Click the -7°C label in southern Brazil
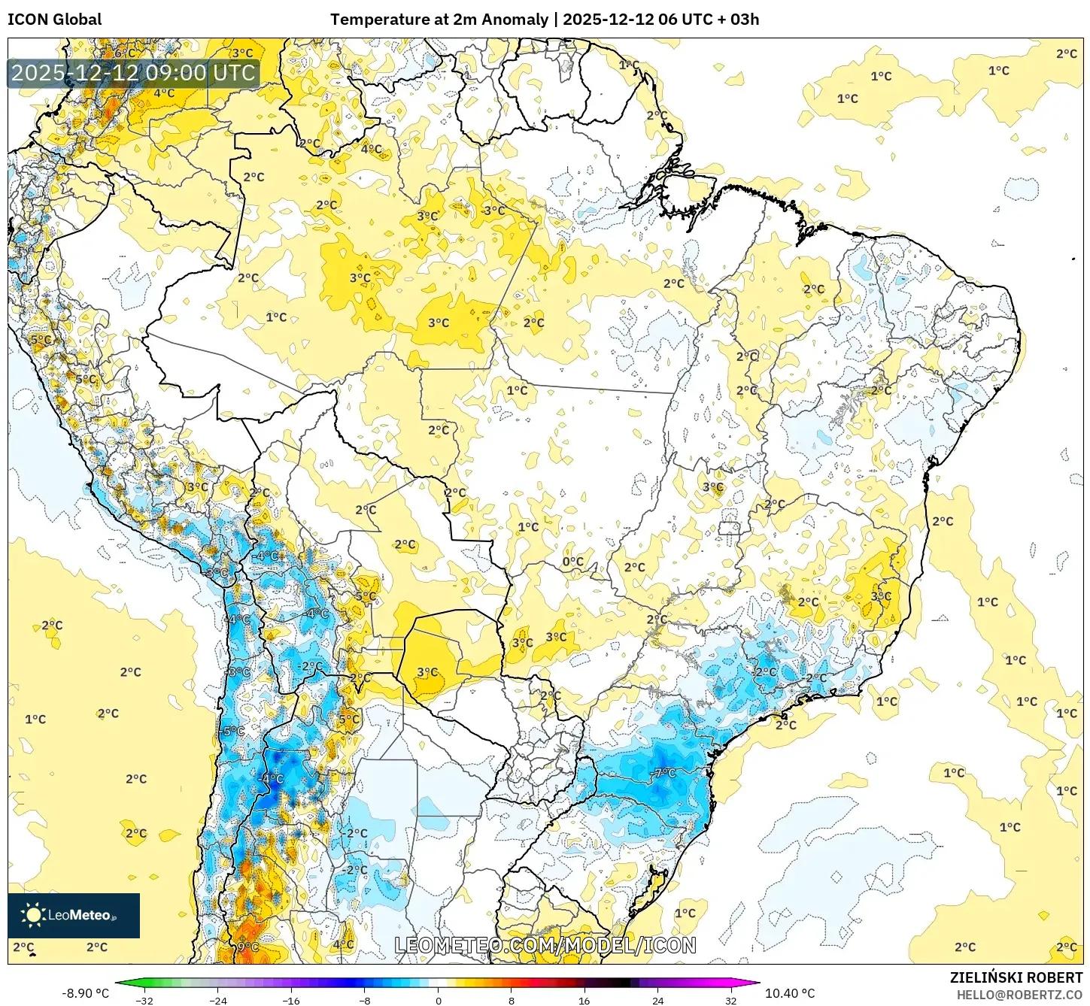pos(664,772)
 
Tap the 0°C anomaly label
pos(573,561)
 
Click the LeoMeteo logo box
pos(74,915)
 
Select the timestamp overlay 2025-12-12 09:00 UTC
pos(134,73)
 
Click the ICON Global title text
pos(54,20)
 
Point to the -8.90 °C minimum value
pos(85,993)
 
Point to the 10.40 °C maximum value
pos(789,993)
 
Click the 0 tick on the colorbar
pos(438,1000)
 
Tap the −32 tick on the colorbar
pos(144,1000)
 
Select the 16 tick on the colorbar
pos(584,1000)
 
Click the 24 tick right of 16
pos(657,1000)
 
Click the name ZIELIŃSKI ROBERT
pos(1016,977)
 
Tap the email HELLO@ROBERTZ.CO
pos(1019,995)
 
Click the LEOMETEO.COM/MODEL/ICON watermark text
pos(545,945)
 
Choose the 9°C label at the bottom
pos(248,947)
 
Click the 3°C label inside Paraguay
pos(427,671)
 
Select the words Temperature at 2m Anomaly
pos(439,20)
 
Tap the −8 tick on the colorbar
pos(364,1000)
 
